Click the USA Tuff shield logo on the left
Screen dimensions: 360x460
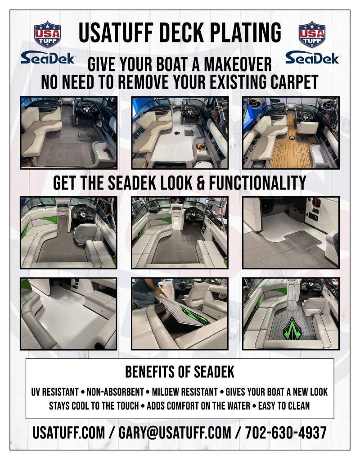tap(47, 34)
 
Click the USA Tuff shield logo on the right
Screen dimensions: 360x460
tap(312, 34)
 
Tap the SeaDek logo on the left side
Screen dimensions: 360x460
tap(48, 58)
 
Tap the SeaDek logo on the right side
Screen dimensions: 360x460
tap(312, 58)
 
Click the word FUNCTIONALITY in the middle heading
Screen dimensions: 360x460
tap(257, 183)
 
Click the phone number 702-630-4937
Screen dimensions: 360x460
tap(286, 433)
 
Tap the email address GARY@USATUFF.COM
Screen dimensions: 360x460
tap(175, 433)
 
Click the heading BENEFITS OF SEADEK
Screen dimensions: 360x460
tap(180, 372)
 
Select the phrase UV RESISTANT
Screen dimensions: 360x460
tap(55, 392)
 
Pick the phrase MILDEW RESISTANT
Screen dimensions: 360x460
tap(185, 392)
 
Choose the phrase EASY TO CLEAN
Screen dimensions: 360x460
tap(283, 406)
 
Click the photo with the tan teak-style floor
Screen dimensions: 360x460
tap(291, 133)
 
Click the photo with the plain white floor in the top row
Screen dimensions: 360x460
tap(180, 133)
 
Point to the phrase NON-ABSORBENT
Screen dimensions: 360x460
tap(115, 392)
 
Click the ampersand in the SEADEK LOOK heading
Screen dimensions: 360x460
tap(201, 183)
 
